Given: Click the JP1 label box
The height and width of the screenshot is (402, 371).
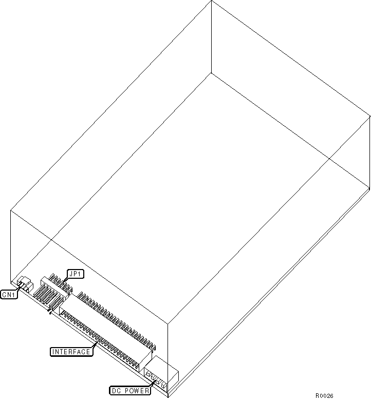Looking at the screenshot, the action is (76, 274).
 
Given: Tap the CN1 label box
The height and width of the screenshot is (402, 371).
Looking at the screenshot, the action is (9, 295).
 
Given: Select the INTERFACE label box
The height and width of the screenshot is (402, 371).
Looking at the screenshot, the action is (71, 352).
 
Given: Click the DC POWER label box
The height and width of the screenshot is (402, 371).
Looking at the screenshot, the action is (131, 391).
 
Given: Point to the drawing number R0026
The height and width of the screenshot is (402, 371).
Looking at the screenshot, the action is (324, 396).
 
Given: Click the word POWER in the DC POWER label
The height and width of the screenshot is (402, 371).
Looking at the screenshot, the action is (137, 391).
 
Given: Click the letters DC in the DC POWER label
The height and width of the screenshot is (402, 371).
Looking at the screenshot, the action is (116, 391).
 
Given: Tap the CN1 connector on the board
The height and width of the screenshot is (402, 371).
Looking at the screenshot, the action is (25, 284).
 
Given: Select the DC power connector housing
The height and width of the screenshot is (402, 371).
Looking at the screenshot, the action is (161, 372).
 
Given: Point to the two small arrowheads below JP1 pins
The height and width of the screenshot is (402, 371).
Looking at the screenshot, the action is (50, 312).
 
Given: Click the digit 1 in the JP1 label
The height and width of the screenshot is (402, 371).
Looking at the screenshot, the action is (80, 274).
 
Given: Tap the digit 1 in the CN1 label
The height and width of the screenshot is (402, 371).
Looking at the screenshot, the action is (14, 295).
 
